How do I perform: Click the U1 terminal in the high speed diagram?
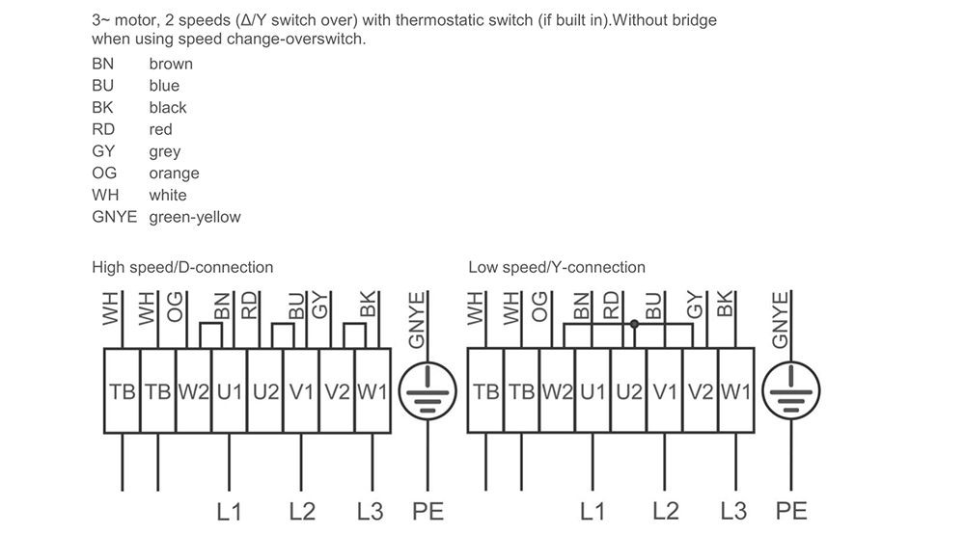[229, 392]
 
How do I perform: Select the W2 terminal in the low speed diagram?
[557, 392]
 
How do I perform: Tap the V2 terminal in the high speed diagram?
[337, 392]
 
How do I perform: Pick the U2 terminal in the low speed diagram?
[628, 392]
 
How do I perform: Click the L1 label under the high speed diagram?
[229, 511]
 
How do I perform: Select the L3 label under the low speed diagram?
[733, 511]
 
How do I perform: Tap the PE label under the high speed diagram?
[427, 511]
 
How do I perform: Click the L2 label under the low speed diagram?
[666, 511]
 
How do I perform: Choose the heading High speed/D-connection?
[182, 267]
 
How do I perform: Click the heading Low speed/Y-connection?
[557, 267]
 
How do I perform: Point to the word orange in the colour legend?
[174, 174]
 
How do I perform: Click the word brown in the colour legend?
[171, 64]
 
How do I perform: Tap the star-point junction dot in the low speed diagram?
[634, 325]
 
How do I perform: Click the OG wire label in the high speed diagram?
[175, 307]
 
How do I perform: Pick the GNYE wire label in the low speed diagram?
[782, 318]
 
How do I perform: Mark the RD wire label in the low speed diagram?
[611, 307]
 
